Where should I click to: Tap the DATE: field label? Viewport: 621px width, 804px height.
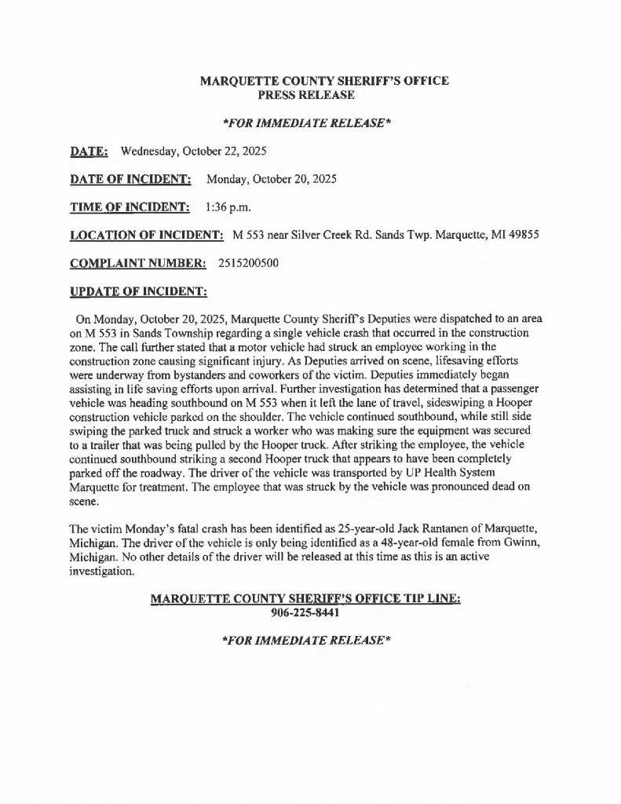pos(89,150)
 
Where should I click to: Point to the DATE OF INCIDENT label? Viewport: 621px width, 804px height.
pos(131,178)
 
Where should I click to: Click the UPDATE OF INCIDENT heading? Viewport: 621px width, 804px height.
pos(139,291)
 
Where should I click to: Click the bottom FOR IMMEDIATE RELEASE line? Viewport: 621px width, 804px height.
pos(305,640)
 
